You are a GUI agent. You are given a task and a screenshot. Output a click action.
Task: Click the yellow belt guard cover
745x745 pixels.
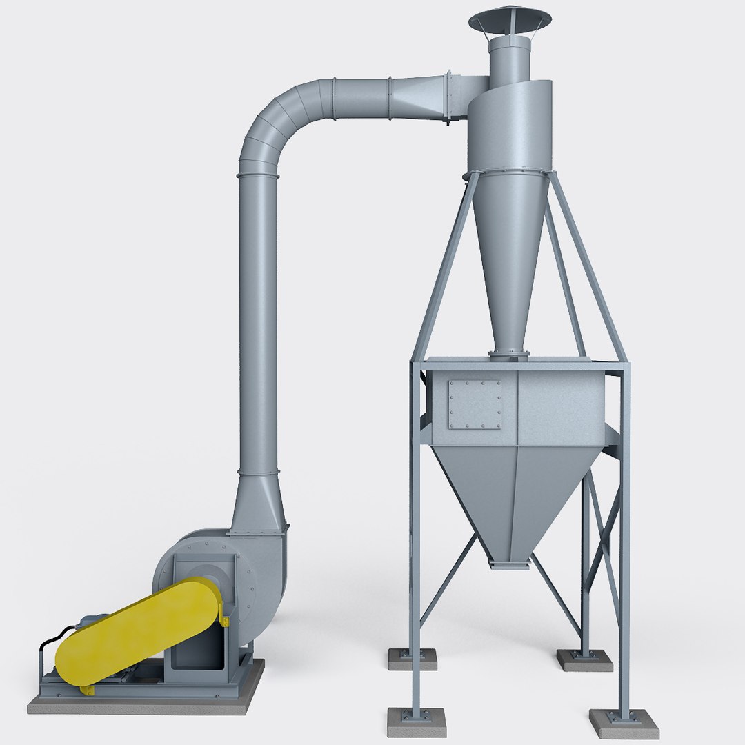coord(138,631)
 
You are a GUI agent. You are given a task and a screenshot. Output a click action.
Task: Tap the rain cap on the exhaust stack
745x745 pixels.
coord(510,19)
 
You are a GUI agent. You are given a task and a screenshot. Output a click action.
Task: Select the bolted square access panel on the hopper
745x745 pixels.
coord(475,404)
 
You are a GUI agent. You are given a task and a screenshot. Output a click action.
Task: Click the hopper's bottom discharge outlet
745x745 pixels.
coord(510,564)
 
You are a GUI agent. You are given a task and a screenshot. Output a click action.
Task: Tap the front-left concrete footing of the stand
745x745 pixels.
coord(416,722)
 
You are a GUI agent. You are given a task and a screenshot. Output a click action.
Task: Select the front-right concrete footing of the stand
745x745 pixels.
coord(624,723)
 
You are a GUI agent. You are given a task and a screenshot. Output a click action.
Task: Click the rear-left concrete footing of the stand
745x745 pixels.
coord(412,659)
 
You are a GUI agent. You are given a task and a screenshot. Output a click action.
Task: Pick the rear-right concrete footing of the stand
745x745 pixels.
coord(584,660)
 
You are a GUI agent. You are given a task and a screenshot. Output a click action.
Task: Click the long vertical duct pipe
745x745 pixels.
coord(259,324)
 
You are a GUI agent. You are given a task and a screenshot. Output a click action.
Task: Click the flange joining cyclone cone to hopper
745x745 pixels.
coord(509,354)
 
